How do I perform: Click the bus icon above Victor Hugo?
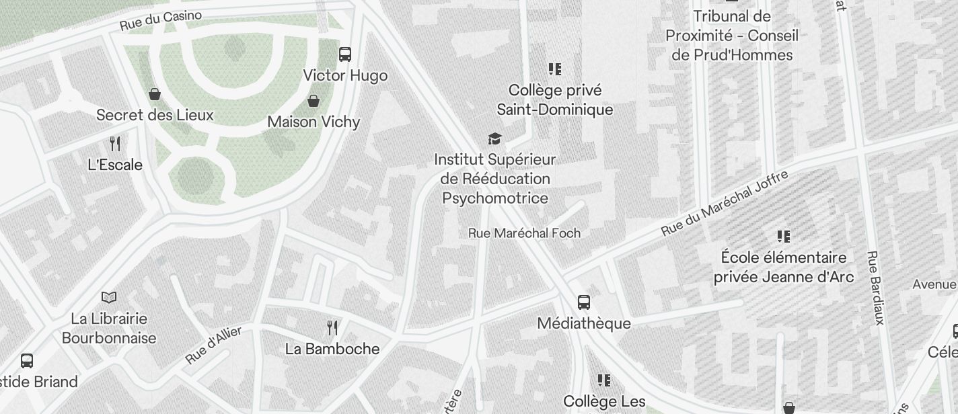tap(345, 54)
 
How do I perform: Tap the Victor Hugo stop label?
tap(345, 75)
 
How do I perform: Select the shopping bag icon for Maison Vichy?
tap(314, 101)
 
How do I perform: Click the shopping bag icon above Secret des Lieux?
tap(155, 93)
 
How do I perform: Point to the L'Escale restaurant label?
tap(115, 165)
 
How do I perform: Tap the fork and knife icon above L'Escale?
tap(115, 143)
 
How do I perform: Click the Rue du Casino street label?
tap(161, 20)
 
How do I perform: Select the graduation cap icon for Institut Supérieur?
tap(495, 138)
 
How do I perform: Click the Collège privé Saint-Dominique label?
tap(555, 99)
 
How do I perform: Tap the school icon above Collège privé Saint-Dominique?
tap(555, 69)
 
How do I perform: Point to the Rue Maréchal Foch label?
tap(524, 233)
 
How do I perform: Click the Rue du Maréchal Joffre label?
tap(724, 203)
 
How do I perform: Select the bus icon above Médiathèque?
tap(584, 302)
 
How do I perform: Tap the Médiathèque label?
tap(584, 323)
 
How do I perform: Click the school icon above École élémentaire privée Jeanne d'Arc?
tap(784, 236)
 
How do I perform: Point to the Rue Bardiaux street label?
tap(875, 288)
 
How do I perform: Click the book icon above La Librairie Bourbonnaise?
tap(109, 297)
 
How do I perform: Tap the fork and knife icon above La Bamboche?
tap(332, 327)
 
